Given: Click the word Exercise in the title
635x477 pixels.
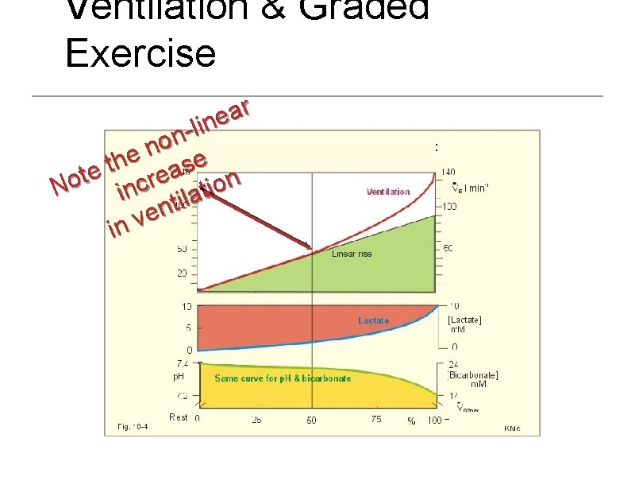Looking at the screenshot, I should coord(140,52).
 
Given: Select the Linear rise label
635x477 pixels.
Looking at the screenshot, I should coord(351,254).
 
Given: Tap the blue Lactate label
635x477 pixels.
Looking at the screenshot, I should coord(374,320).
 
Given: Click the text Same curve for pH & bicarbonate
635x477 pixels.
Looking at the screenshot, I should coord(283,378).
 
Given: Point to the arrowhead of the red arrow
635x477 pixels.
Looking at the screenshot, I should coord(312,247).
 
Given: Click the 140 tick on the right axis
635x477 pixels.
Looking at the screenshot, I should coord(449,172).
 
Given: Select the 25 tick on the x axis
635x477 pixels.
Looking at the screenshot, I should coord(257,420).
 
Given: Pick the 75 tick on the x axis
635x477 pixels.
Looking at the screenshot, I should coord(375,420).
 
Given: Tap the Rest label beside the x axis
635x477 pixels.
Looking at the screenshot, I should coord(179,417).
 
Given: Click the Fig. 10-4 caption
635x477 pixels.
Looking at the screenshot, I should coord(131,427).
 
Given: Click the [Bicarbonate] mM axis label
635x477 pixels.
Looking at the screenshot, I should coord(473,378).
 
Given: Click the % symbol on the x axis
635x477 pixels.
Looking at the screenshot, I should coord(411,421).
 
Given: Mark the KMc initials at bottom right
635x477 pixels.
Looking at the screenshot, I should coord(512,428).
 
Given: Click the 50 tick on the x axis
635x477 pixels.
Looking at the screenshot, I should coord(313,420).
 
